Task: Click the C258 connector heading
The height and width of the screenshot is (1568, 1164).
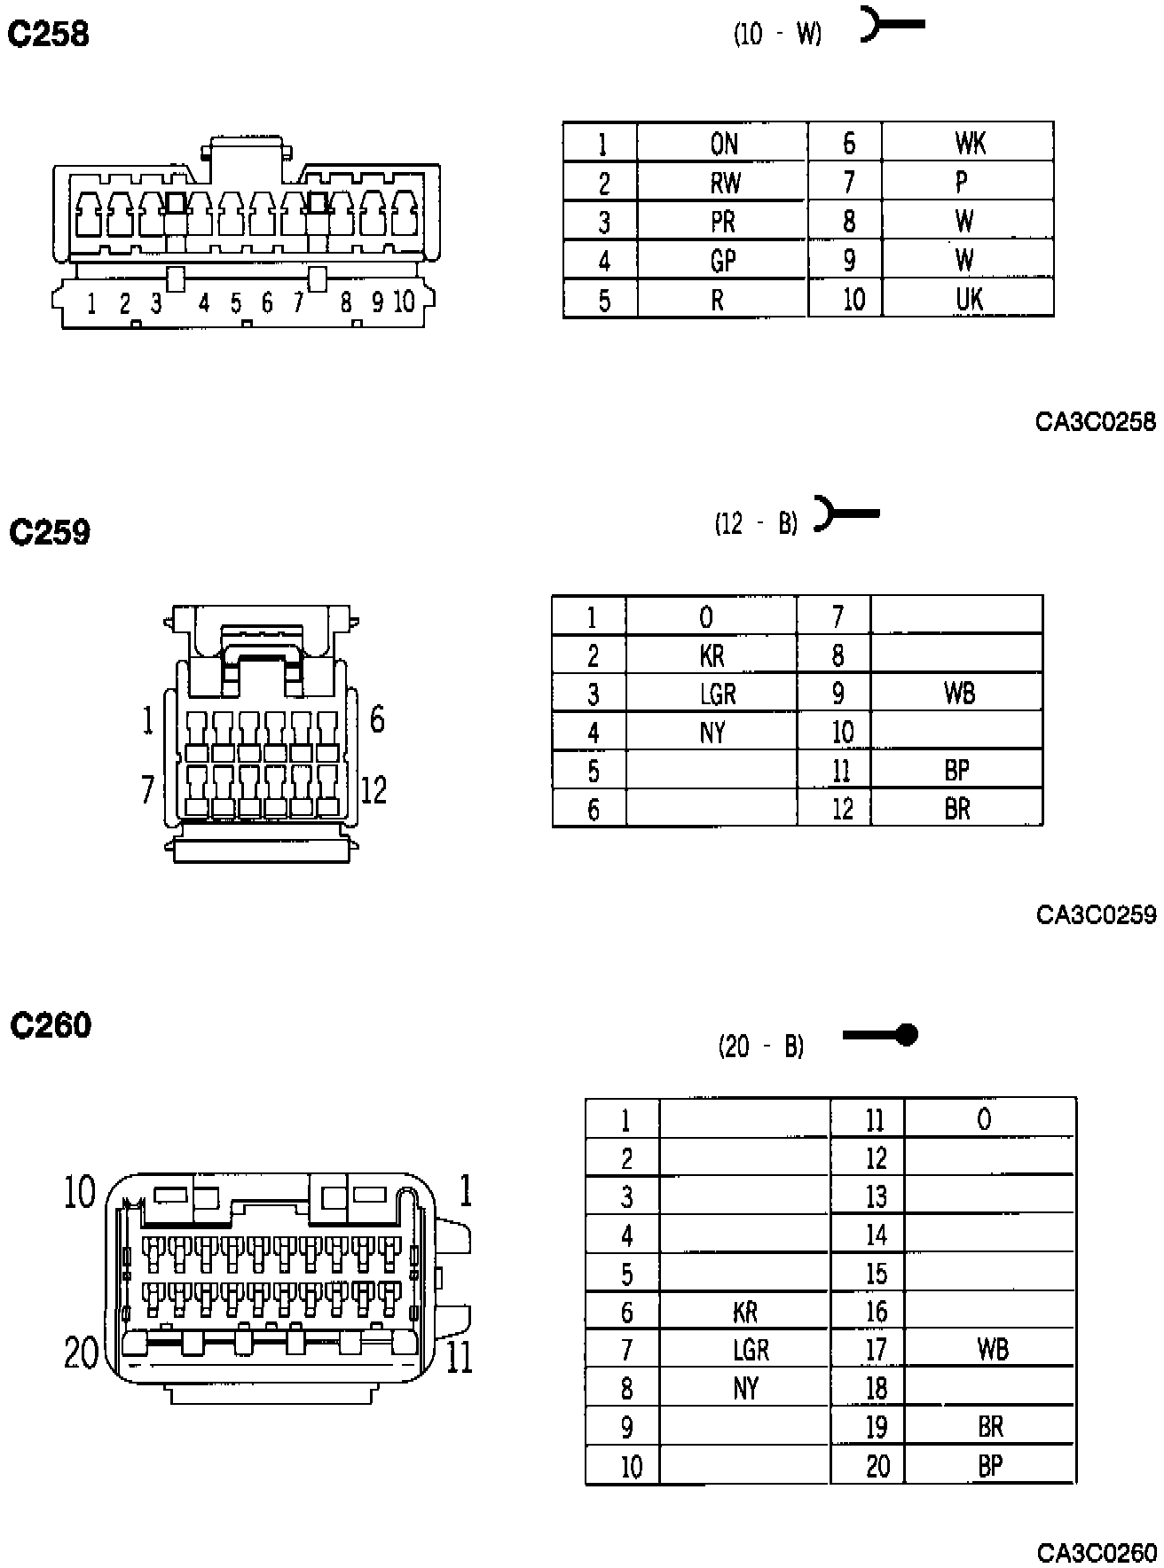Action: pos(49,35)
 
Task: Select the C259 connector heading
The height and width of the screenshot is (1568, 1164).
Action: pos(50,532)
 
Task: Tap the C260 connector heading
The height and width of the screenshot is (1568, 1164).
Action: pos(51,1025)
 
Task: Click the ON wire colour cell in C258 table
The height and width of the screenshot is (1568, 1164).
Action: pos(723,144)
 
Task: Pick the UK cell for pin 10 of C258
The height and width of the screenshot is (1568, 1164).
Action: pos(968,299)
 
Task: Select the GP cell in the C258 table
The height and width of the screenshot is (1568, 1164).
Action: pos(723,261)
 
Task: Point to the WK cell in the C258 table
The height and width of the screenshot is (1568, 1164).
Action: pos(969,144)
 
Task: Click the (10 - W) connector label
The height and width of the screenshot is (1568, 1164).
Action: pos(777,35)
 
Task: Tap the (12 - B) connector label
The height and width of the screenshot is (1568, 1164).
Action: pos(756,524)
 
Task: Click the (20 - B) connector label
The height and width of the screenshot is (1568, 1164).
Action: pos(761,1047)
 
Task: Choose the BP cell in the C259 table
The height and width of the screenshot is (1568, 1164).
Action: pos(956,770)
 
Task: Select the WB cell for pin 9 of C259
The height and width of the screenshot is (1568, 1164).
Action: pos(959,693)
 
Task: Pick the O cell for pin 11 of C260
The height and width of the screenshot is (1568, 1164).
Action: pos(984,1120)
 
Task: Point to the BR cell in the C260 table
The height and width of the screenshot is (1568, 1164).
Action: pos(990,1427)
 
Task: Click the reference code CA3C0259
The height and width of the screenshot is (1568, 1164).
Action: pos(1096,914)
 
